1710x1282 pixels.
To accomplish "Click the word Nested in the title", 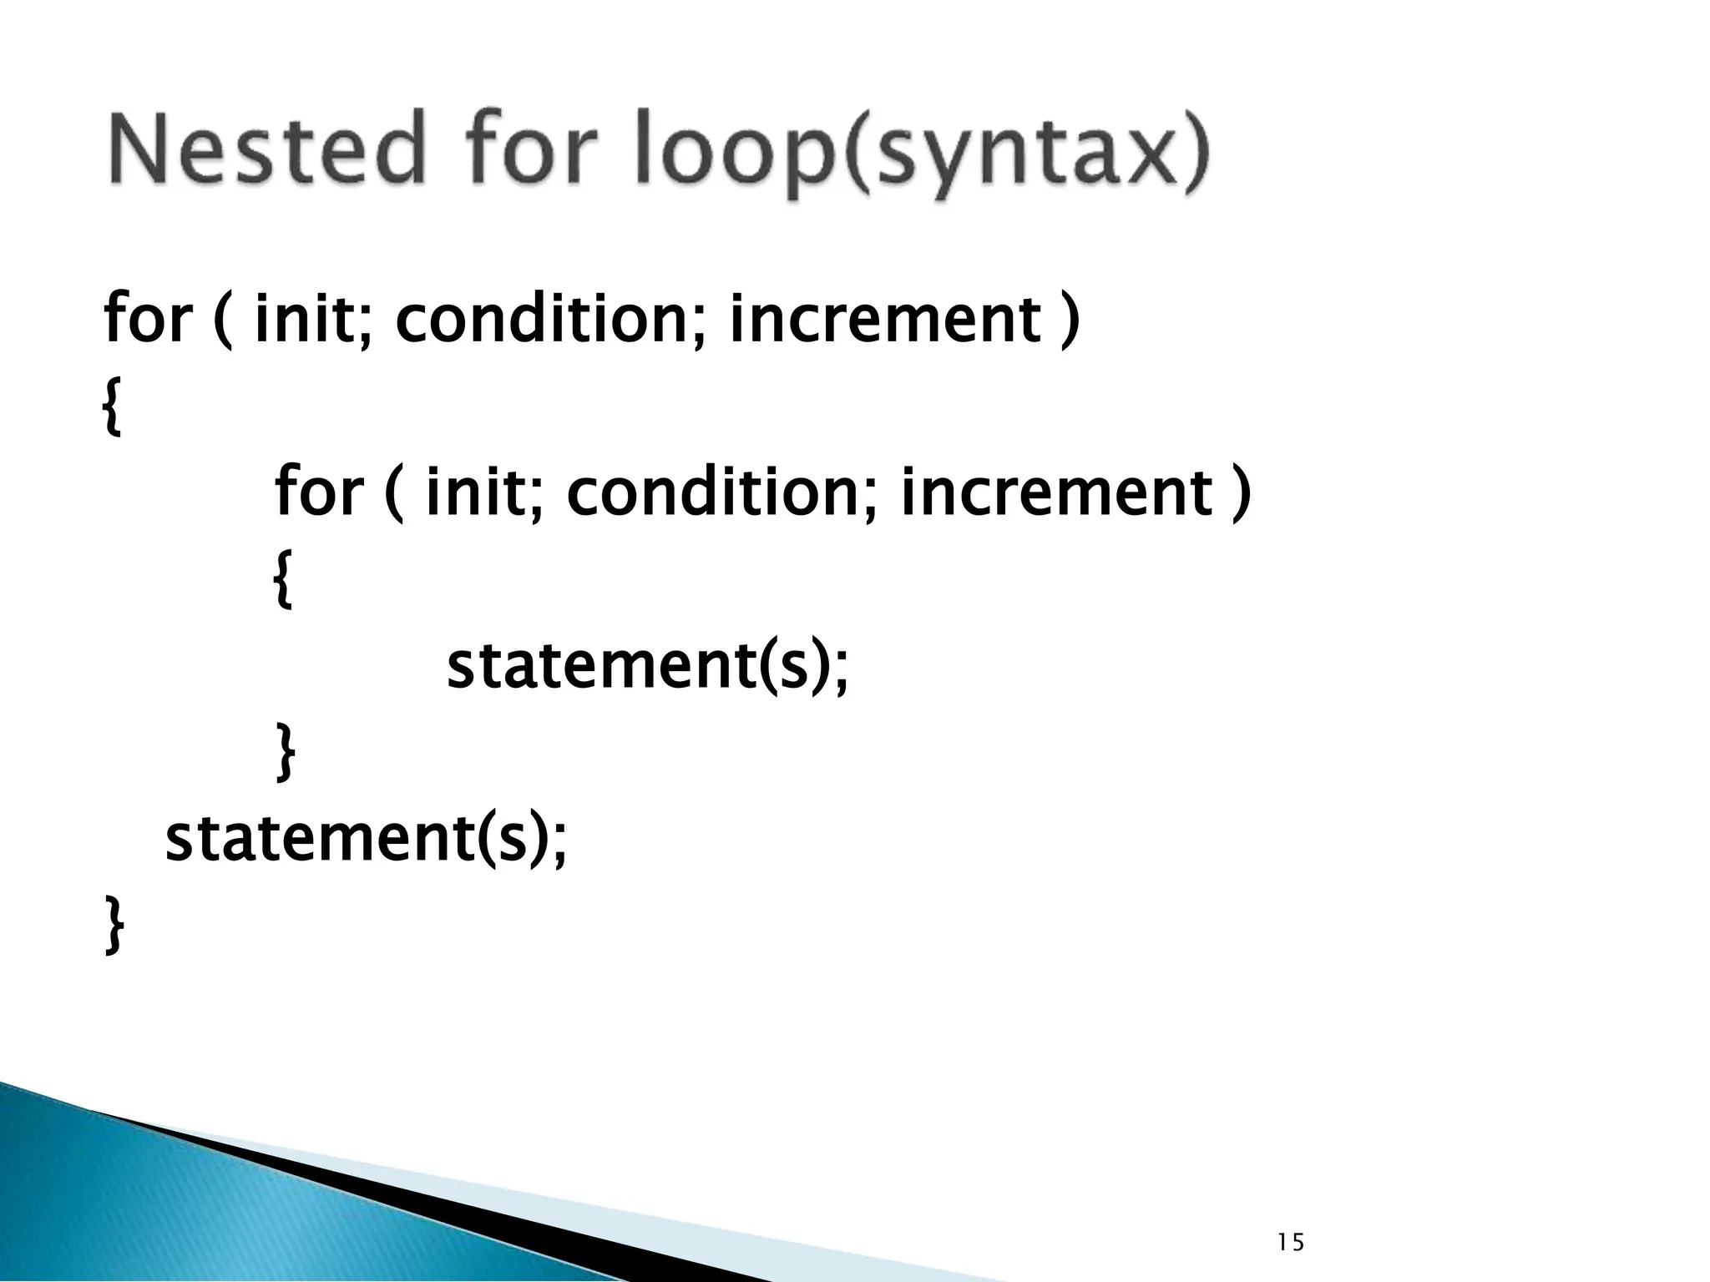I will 266,150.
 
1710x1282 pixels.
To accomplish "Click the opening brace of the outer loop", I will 112,410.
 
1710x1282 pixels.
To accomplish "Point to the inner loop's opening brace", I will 284,583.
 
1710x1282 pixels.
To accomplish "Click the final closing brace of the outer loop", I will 114,926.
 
